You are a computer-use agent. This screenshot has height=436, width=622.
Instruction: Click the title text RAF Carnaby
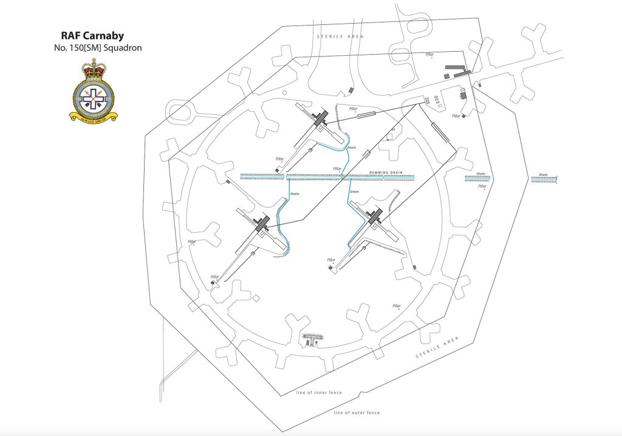(x=93, y=36)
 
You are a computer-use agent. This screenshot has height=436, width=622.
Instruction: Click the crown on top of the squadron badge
(x=94, y=69)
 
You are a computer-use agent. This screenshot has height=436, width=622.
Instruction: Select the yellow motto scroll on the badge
(x=94, y=117)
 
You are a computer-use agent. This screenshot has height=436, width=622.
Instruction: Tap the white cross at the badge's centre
(x=94, y=96)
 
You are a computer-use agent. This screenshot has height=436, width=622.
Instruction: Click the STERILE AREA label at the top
(x=340, y=37)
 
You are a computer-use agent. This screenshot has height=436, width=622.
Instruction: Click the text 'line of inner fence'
(x=319, y=392)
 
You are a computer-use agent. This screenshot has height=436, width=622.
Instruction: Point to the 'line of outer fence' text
(x=357, y=412)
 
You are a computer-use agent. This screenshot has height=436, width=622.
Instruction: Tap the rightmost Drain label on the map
(x=543, y=175)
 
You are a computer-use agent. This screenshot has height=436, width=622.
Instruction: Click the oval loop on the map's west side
(x=182, y=112)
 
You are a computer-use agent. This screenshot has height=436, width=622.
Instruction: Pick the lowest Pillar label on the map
(x=397, y=306)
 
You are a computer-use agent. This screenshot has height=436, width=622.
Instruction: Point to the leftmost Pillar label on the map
(x=192, y=241)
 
